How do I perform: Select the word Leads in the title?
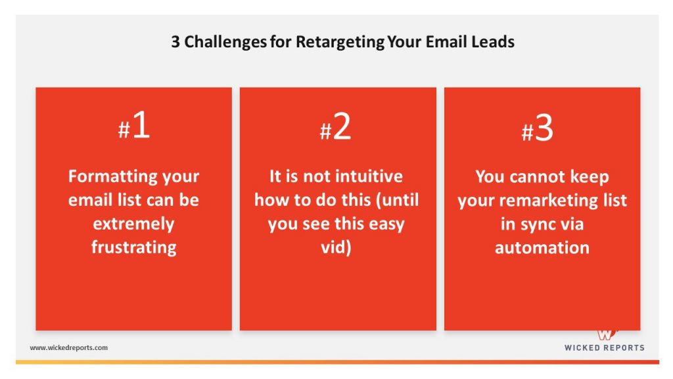coord(493,41)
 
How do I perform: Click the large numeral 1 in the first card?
coord(141,124)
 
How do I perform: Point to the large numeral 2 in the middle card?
coord(342,126)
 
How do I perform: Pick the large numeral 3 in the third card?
coord(544,128)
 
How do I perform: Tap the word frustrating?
coord(134,247)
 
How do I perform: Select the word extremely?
coord(134,224)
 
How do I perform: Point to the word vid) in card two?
coord(336,247)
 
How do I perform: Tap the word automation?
coord(542,248)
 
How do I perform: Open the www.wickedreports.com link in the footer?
coord(68,347)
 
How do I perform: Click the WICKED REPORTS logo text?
coord(605,347)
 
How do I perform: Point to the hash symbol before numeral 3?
coord(527,132)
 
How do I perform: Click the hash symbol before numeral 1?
coord(124,130)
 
